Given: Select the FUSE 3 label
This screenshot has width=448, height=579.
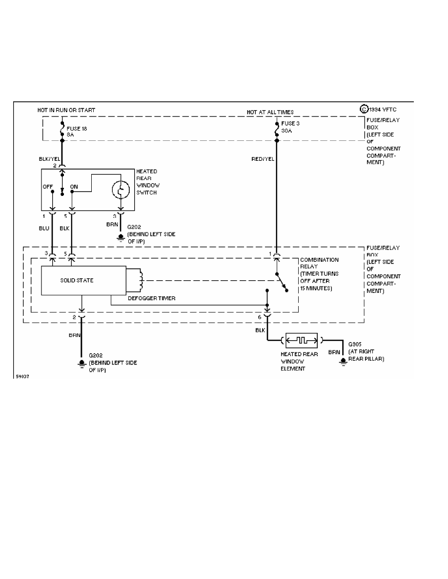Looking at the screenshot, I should click(291, 123).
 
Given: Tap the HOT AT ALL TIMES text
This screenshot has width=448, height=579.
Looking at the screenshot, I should click(270, 112).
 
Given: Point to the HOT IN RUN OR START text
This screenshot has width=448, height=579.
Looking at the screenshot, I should click(66, 110).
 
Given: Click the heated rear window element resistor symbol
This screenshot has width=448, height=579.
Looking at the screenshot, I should click(301, 339).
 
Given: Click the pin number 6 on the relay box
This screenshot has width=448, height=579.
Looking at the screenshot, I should click(260, 317).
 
